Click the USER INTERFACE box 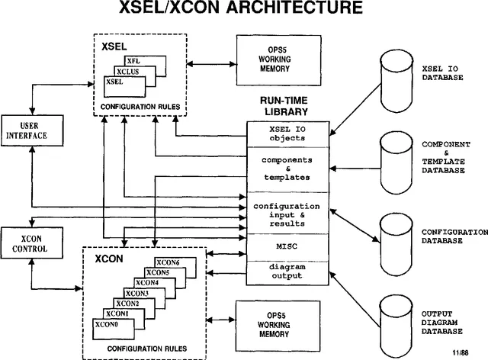27,130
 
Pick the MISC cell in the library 288,247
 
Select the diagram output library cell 288,271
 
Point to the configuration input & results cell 288,215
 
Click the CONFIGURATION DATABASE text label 454,236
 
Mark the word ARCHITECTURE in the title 280,10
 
